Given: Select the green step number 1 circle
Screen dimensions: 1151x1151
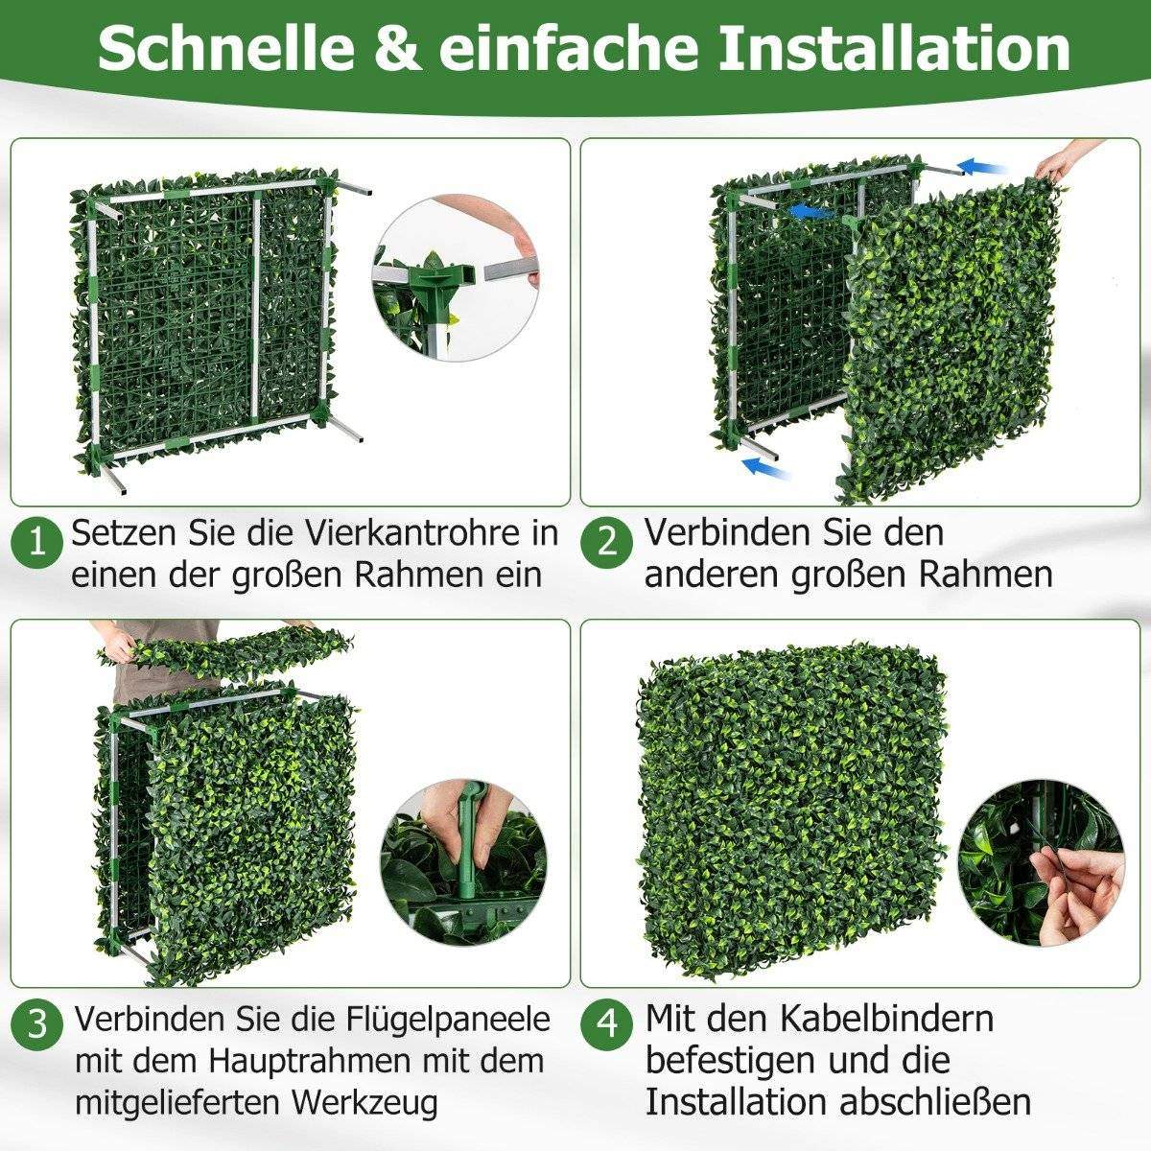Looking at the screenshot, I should [37, 543].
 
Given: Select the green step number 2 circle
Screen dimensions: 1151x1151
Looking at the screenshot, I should [607, 543].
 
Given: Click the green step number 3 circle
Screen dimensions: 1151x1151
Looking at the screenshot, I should [37, 1023].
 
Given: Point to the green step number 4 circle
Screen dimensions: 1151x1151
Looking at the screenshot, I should [607, 1023].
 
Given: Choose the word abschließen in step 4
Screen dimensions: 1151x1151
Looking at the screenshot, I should [935, 1102].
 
